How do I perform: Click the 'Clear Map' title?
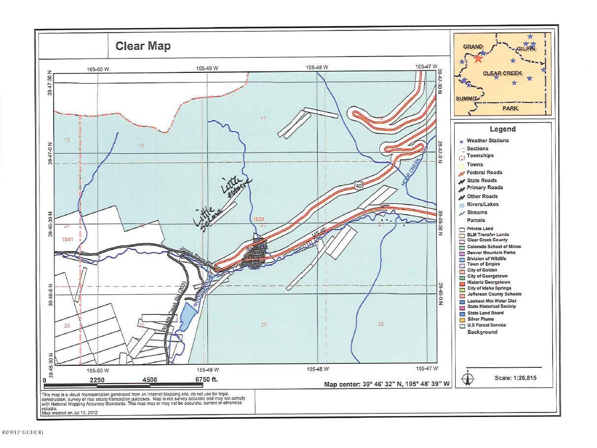tap(143, 46)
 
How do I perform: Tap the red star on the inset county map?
tap(478, 59)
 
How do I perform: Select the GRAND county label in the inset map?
tap(472, 47)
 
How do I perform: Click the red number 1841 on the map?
tap(67, 240)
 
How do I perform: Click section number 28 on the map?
tap(380, 324)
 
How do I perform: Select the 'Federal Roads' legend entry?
tap(484, 172)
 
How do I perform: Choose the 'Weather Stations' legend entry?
tap(487, 141)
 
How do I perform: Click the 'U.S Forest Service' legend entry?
tap(486, 325)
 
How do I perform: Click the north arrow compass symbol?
tap(468, 378)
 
